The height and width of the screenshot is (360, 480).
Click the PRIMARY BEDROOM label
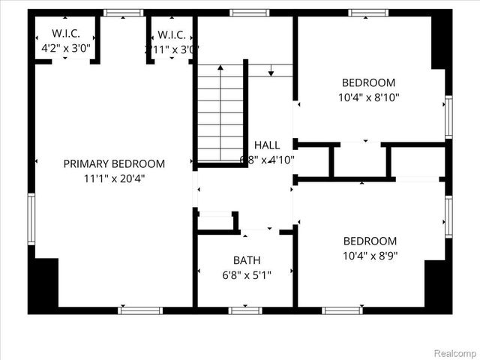pos(114,163)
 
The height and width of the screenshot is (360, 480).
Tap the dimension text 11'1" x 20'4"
pos(114,178)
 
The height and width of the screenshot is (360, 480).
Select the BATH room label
pos(247,260)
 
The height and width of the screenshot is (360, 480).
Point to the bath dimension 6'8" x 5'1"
pos(247,275)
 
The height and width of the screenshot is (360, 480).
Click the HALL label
pos(267,145)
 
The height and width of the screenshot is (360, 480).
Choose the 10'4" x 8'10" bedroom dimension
pos(368,97)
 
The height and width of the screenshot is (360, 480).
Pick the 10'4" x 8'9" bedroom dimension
pos(370,256)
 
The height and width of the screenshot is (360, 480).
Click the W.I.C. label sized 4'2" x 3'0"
pos(66,34)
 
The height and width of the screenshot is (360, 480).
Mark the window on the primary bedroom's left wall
pos(31,218)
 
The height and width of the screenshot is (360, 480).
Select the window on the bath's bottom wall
pos(244,310)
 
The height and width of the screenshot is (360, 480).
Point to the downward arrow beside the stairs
pos(271,70)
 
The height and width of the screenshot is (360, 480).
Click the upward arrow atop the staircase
pos(220,69)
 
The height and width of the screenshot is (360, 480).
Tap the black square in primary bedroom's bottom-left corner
pos(45,283)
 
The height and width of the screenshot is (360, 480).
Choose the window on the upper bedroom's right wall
pos(448,117)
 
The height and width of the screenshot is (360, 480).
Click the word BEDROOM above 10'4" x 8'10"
pos(368,82)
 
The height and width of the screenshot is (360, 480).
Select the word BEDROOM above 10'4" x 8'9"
pos(370,241)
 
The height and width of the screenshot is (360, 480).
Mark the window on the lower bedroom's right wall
pos(448,217)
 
